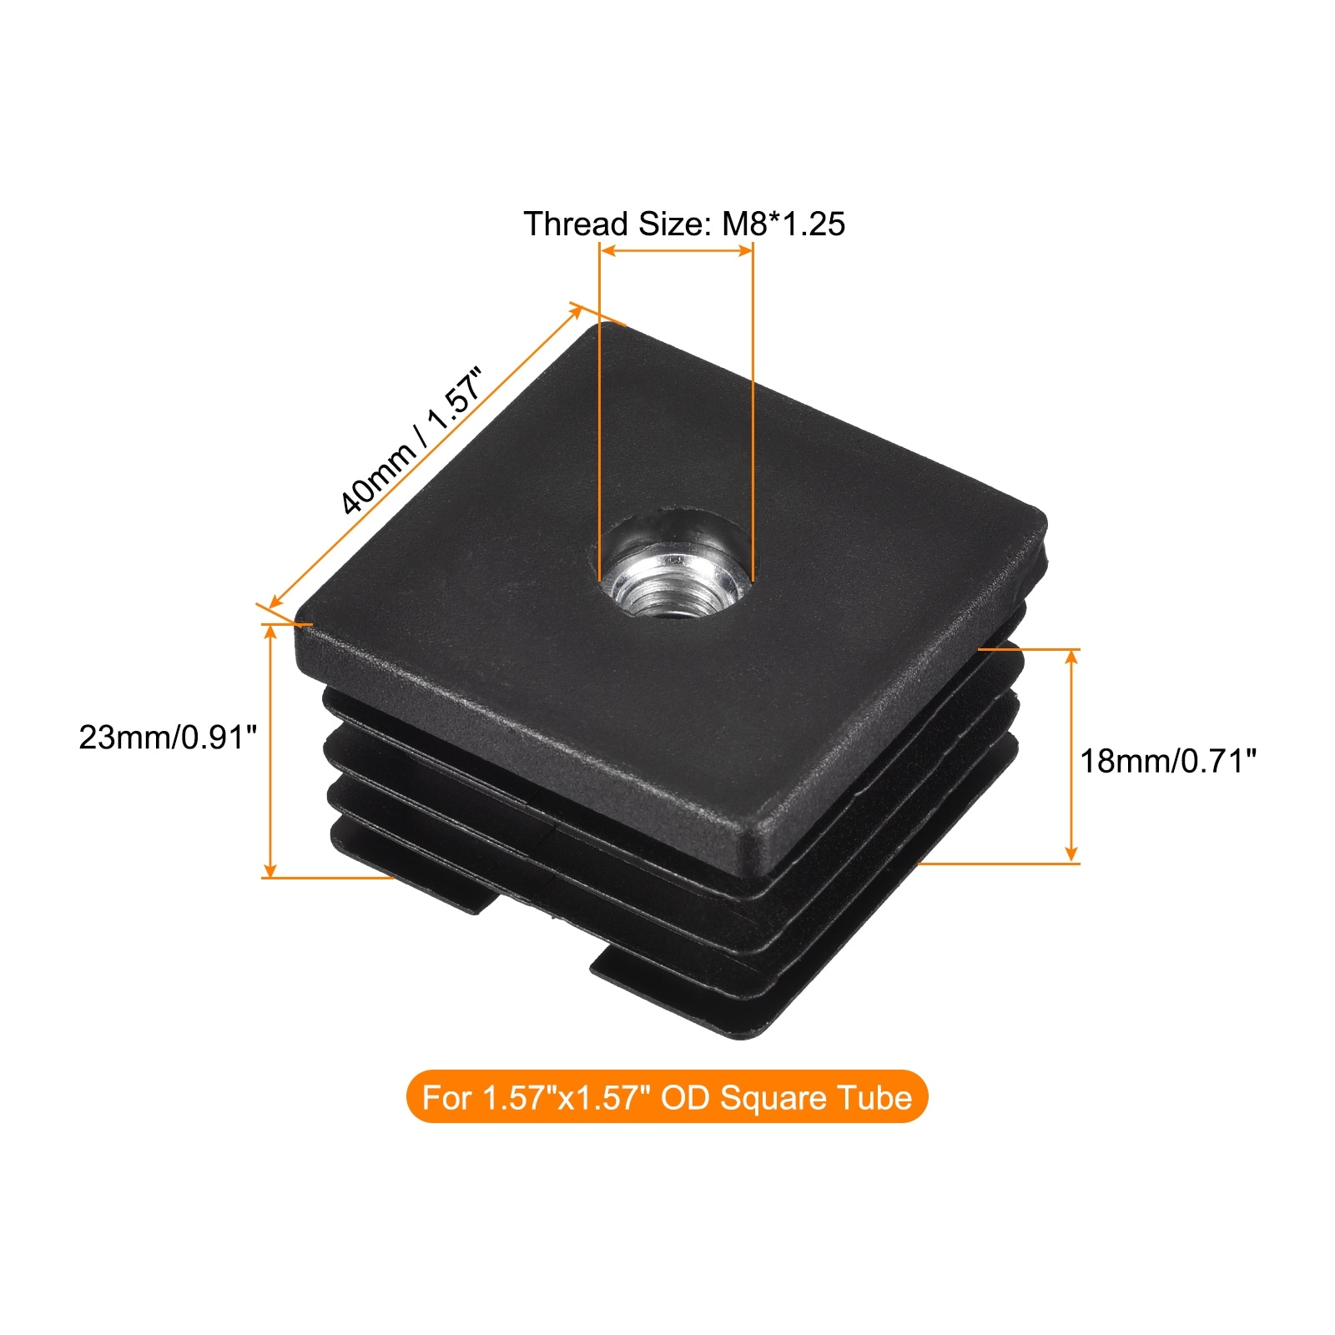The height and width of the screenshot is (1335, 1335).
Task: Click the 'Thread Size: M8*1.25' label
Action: [x=684, y=224]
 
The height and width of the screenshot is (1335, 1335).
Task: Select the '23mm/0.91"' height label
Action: [x=168, y=738]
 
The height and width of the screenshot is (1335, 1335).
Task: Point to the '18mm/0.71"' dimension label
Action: [x=1168, y=761]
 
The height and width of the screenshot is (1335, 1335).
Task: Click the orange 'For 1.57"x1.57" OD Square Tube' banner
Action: [x=667, y=1096]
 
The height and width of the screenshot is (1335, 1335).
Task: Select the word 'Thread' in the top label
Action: [x=576, y=224]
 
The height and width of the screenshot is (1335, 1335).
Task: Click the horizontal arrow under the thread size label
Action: [x=676, y=249]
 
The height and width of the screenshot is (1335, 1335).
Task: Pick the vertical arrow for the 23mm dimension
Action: [x=270, y=750]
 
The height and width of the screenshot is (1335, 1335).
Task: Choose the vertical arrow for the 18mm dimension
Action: [x=1072, y=755]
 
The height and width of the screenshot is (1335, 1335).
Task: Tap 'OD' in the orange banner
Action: [x=684, y=1097]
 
